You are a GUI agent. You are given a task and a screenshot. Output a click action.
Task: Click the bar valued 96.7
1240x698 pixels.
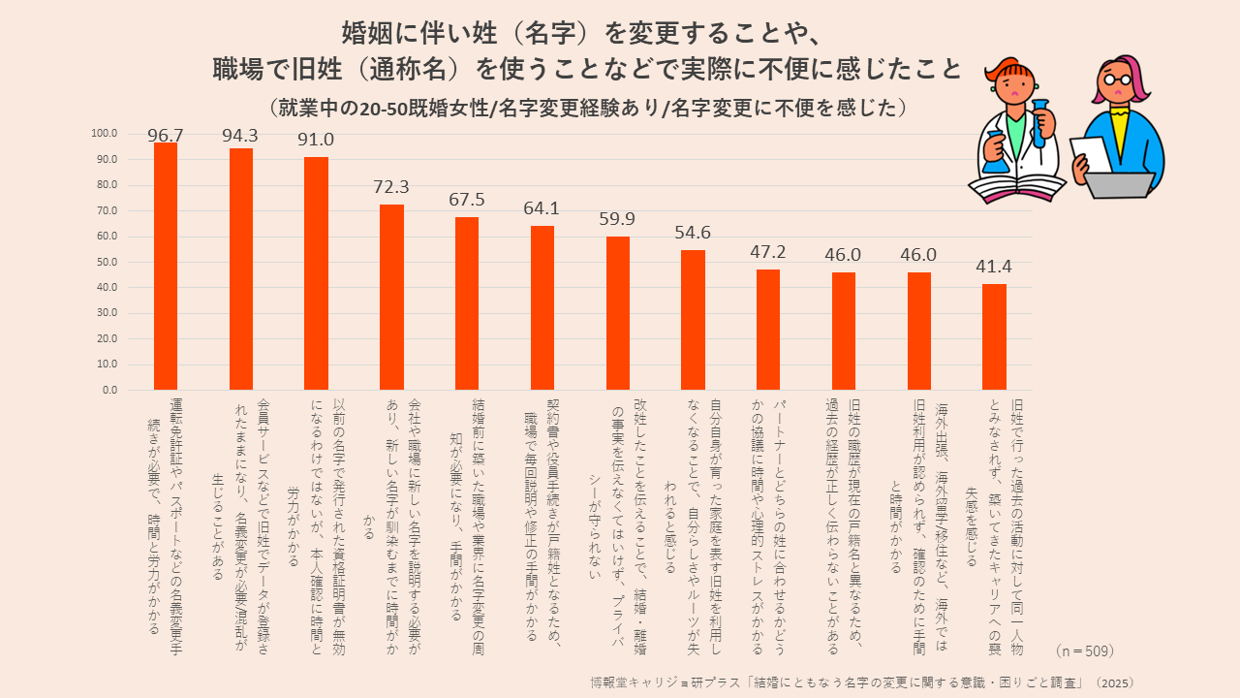click(x=166, y=267)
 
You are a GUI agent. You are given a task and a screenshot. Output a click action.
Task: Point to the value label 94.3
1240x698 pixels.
click(x=240, y=136)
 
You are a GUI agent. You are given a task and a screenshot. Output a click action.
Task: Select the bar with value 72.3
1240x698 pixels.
click(x=391, y=298)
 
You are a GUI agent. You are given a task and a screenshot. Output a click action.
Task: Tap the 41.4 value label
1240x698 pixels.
click(x=994, y=266)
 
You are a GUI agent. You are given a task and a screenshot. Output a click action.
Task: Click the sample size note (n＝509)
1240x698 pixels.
click(x=1085, y=650)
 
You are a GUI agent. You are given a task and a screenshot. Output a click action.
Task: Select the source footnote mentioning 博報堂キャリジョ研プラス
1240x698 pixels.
click(x=862, y=682)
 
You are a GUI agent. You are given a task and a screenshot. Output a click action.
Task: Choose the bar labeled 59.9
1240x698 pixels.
click(x=617, y=313)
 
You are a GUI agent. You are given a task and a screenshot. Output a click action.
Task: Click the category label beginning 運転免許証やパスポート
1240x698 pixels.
click(x=164, y=514)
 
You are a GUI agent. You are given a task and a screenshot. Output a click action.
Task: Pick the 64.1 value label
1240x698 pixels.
click(x=542, y=208)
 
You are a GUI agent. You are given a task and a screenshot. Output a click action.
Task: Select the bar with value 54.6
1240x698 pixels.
click(x=693, y=320)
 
